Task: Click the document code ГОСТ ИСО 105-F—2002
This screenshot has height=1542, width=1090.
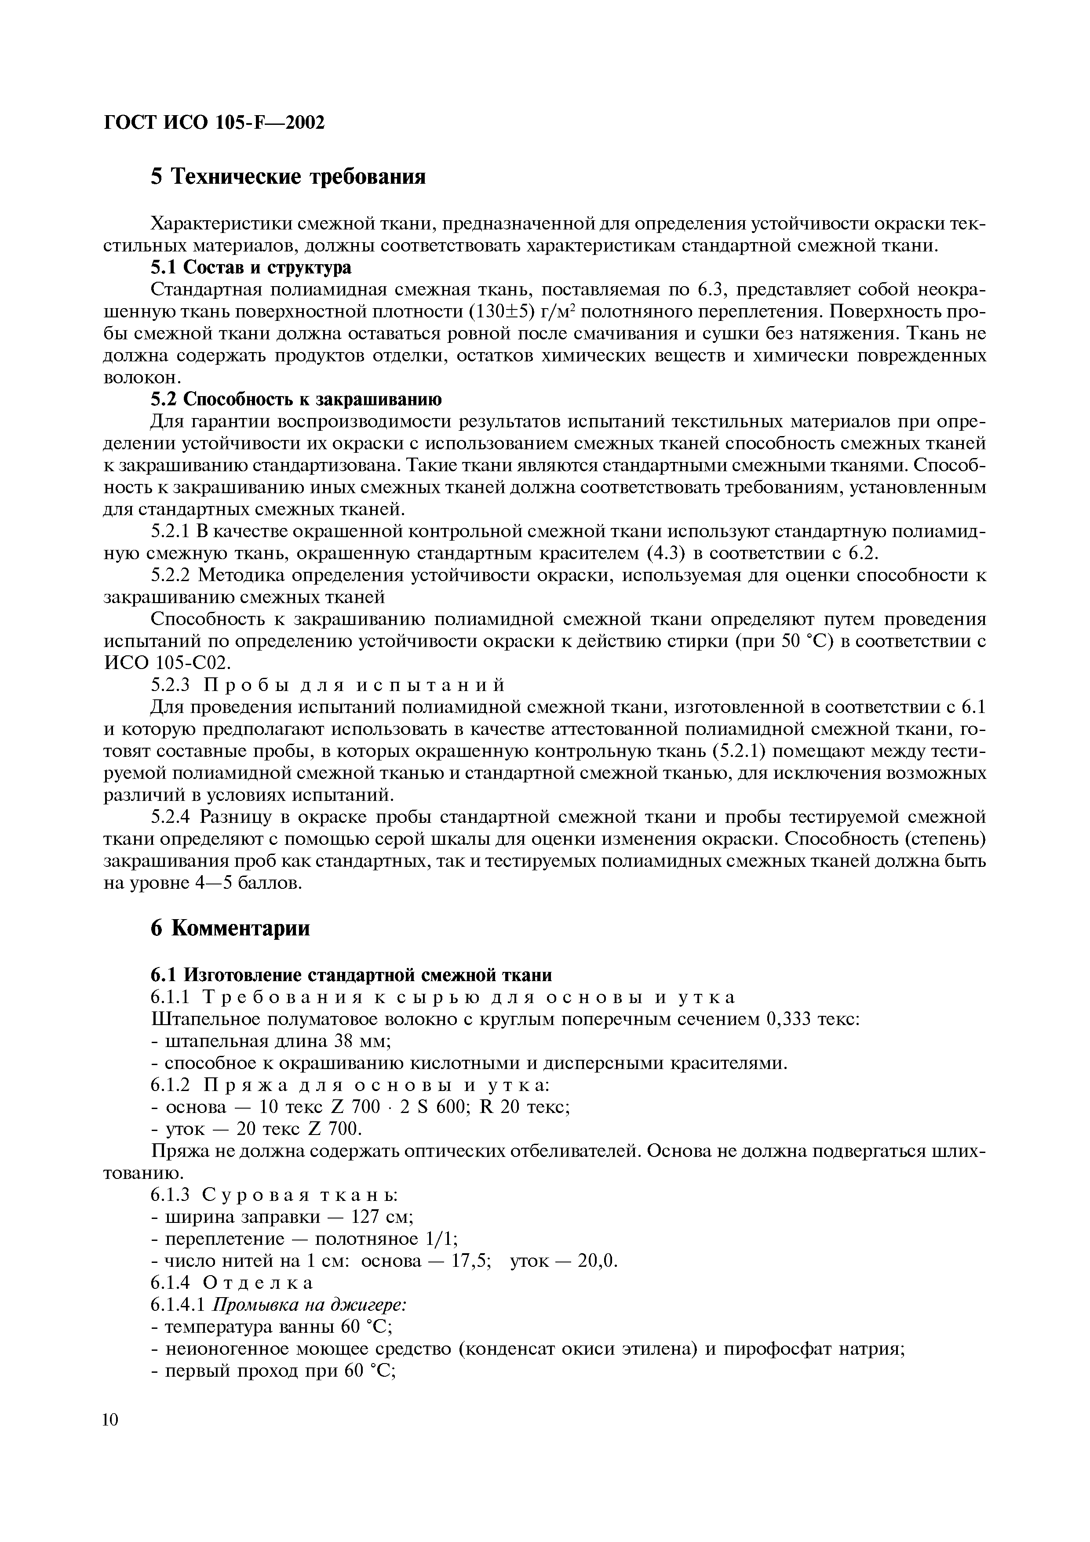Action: pyautogui.click(x=214, y=123)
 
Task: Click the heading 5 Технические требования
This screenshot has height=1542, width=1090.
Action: pyautogui.click(x=288, y=177)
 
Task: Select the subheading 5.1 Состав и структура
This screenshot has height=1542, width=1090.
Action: pyautogui.click(x=251, y=267)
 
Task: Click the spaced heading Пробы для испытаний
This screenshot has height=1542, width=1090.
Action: pyautogui.click(x=354, y=685)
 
